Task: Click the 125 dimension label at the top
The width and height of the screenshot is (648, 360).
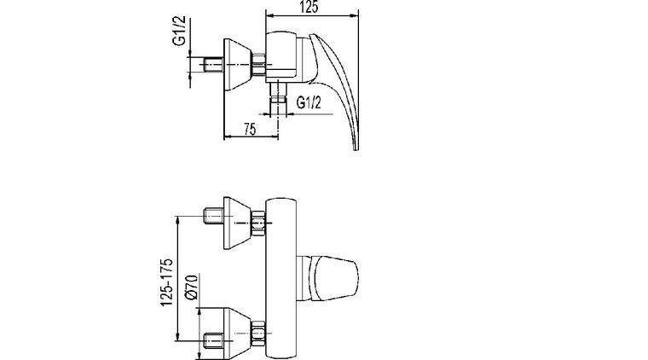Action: [310, 7]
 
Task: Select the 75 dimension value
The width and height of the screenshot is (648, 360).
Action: [250, 130]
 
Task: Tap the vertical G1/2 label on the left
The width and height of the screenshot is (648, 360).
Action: [179, 32]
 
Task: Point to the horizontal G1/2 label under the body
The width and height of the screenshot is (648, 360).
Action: [309, 102]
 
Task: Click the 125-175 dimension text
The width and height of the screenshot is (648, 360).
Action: [166, 282]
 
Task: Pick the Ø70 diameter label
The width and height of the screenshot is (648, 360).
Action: [192, 287]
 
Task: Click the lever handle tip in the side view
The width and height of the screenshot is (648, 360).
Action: [356, 147]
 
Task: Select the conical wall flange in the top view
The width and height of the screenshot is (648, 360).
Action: [238, 65]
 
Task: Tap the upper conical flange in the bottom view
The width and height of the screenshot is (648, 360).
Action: [238, 224]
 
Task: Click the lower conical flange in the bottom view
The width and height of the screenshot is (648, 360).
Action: [238, 334]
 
